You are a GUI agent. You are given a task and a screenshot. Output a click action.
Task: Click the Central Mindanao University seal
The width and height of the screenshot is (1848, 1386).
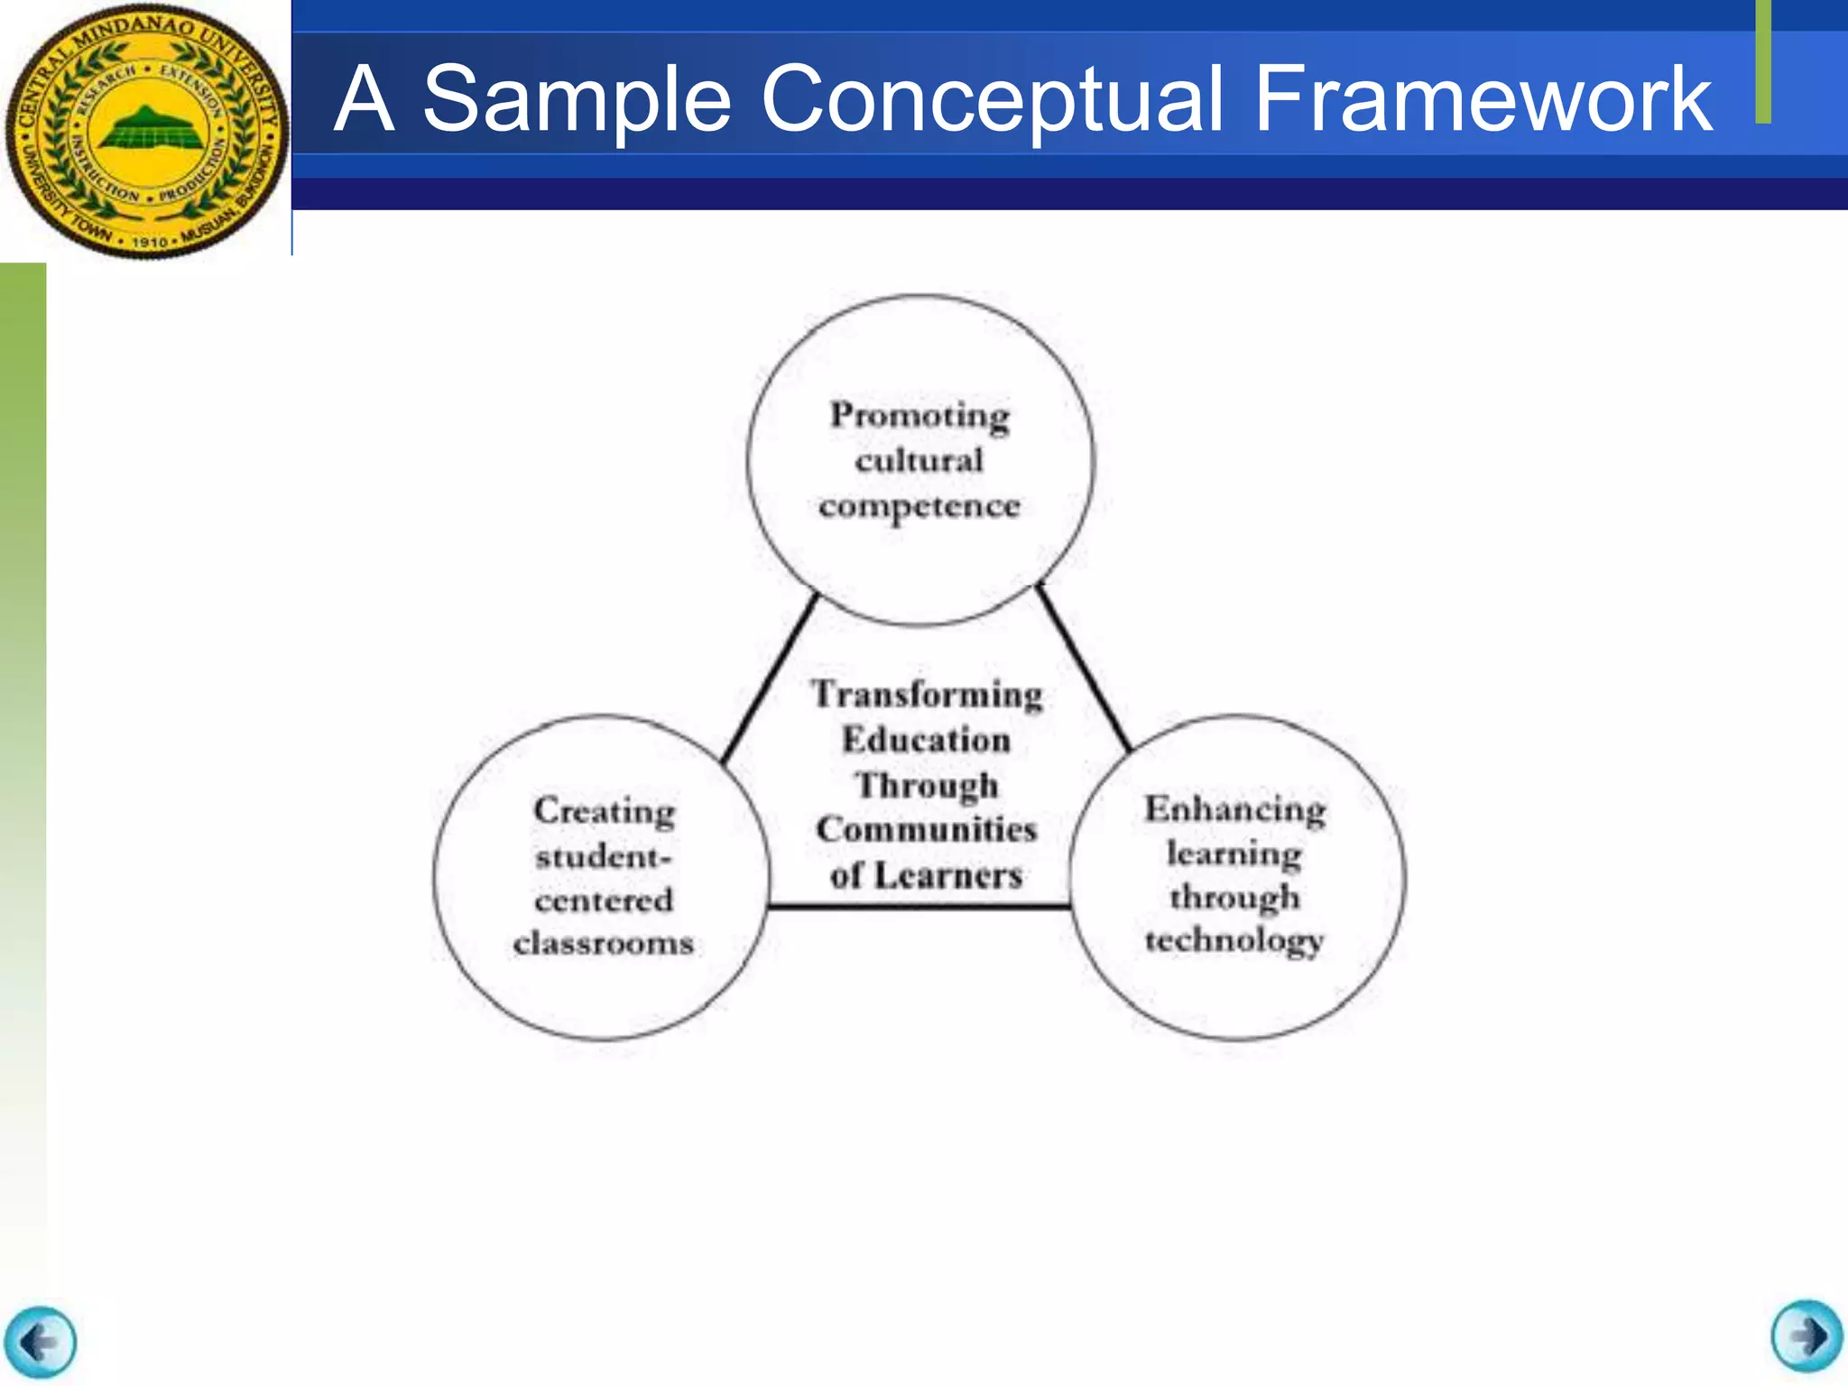click(146, 132)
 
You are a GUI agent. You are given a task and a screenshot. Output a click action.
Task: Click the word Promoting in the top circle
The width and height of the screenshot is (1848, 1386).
click(919, 415)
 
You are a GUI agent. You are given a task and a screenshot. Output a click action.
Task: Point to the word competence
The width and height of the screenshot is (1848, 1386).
click(919, 506)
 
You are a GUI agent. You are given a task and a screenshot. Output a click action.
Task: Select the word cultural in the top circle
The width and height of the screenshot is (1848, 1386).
click(919, 460)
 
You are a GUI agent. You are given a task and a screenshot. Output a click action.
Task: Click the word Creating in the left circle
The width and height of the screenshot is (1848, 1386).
click(604, 810)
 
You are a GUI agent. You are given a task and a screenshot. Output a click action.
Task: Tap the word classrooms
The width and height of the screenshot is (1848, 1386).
click(604, 943)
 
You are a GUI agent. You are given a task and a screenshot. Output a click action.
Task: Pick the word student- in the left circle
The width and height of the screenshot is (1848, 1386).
click(604, 855)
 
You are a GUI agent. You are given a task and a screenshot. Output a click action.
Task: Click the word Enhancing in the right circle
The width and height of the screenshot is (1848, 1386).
click(1235, 809)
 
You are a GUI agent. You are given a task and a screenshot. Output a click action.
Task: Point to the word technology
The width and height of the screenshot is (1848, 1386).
click(1234, 940)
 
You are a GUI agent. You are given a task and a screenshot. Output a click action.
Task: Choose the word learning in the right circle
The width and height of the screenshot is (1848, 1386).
click(1234, 853)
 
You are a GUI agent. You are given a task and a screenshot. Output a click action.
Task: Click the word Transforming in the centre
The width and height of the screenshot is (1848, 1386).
click(927, 694)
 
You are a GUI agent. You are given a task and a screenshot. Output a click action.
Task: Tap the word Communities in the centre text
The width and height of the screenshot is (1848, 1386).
click(927, 829)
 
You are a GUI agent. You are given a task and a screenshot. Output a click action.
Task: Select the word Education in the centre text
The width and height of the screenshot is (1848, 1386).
click(927, 740)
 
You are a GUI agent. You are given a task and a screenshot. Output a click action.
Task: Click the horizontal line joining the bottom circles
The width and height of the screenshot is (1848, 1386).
click(919, 906)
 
